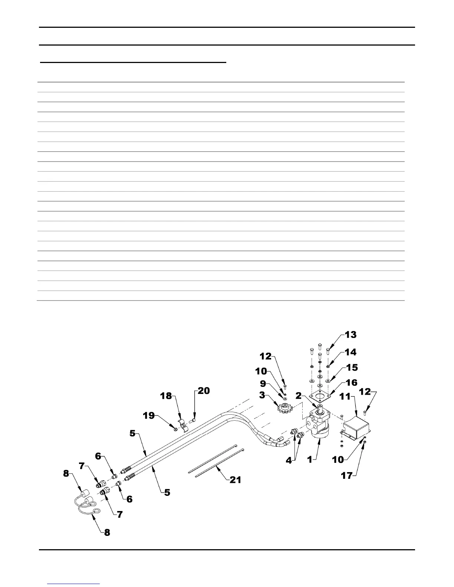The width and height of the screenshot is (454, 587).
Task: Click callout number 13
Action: [x=351, y=335]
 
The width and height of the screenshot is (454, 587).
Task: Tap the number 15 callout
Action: [x=352, y=368]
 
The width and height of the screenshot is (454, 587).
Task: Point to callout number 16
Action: [x=352, y=382]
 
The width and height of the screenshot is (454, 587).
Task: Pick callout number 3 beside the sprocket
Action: [x=262, y=395]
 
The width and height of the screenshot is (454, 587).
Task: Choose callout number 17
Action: [x=347, y=475]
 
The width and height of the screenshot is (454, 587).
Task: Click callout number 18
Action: [x=166, y=396]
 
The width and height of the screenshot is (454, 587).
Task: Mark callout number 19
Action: [x=149, y=416]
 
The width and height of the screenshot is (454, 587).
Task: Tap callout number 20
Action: [x=204, y=391]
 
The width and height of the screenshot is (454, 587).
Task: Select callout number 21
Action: [x=235, y=480]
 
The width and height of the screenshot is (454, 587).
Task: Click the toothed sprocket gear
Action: [x=285, y=409]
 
